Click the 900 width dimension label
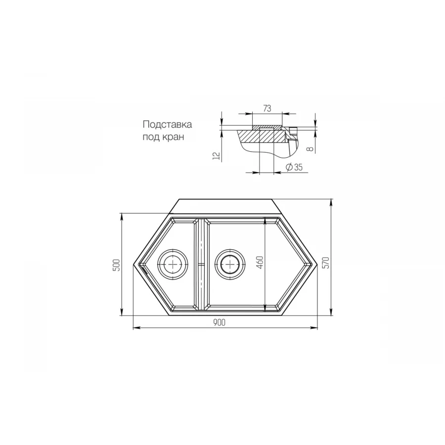tap(220, 322)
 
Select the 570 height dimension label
tap(325, 263)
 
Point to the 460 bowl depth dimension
tap(261, 262)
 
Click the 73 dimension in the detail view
tap(267, 108)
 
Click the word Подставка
tap(167, 125)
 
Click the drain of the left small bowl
tap(173, 264)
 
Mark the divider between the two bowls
tap(201, 265)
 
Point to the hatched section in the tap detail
tap(266, 134)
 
